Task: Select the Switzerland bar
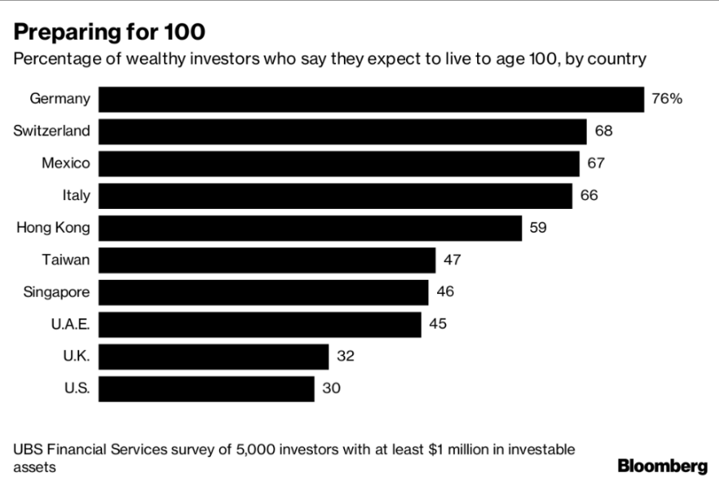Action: [342, 131]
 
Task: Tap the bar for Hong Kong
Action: [310, 228]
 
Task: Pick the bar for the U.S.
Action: [206, 389]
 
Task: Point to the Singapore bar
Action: [263, 292]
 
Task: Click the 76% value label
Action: [667, 99]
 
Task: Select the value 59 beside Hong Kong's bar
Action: [538, 228]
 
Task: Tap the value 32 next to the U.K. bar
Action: [345, 356]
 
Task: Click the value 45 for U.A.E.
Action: [438, 324]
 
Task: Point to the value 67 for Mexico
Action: [596, 163]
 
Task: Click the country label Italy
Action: [76, 196]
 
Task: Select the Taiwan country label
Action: [65, 260]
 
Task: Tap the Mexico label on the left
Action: [65, 163]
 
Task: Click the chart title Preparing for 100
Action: [107, 33]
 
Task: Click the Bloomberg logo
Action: [662, 466]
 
